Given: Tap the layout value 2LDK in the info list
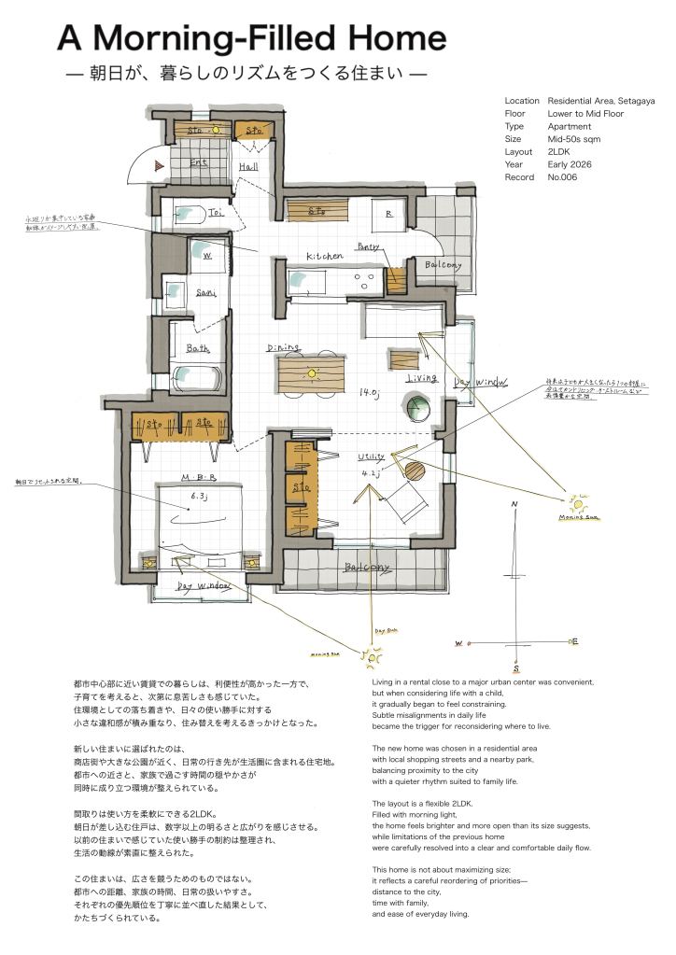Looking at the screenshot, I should [560, 151].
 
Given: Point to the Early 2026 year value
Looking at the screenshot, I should [570, 164].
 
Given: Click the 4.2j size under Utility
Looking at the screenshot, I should [372, 473].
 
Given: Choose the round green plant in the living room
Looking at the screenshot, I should [416, 408].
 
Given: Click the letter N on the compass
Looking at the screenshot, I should [514, 505].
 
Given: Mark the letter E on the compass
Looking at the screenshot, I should [575, 641].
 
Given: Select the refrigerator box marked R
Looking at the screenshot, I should [387, 214].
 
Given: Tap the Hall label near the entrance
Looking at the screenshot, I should [249, 166].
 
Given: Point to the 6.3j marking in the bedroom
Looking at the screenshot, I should [197, 497].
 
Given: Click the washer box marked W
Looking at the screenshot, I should [205, 254].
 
